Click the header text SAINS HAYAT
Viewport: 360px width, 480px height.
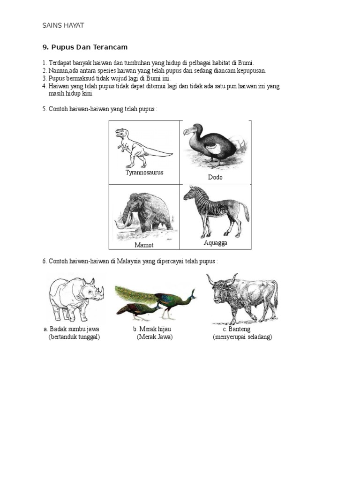click(x=63, y=25)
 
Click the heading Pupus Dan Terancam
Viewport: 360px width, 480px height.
click(x=85, y=47)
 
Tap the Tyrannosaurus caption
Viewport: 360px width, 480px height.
click(x=144, y=172)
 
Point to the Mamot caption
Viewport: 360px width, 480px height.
click(x=144, y=245)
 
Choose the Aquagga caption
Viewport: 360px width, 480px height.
click(x=216, y=243)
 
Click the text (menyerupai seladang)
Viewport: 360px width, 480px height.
click(x=242, y=337)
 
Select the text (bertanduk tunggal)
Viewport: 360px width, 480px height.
click(x=74, y=337)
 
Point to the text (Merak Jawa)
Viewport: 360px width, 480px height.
click(x=155, y=337)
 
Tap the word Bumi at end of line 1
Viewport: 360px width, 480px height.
click(x=246, y=63)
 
